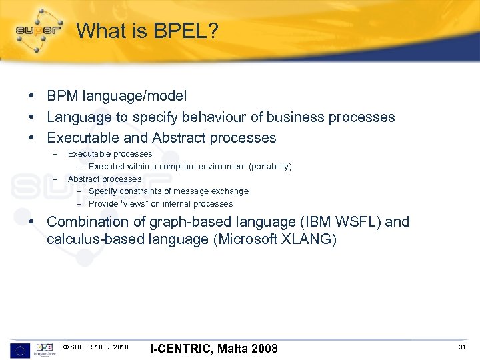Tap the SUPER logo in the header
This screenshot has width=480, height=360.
point(38,30)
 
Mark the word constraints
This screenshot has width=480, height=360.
point(139,191)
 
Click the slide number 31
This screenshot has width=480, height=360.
point(461,347)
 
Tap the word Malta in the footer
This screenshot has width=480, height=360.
point(229,348)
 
